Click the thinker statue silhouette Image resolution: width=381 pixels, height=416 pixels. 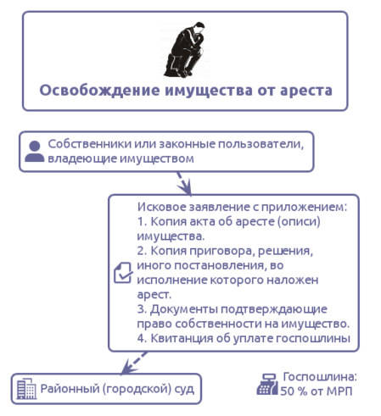coord(185,50)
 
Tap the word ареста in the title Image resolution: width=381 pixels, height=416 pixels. coord(306,91)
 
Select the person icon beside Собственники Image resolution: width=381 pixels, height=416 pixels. coord(35,152)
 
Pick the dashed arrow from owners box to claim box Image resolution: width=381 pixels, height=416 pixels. coord(184,183)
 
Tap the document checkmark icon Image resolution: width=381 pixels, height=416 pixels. coord(123,273)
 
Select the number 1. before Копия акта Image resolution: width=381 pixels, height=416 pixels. coord(142,222)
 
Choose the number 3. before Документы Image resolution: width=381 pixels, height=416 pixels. coord(142,309)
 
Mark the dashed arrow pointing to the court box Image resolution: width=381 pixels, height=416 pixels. coord(134,363)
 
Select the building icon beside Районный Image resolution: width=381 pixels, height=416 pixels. coord(26,389)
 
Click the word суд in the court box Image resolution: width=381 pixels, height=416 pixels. coord(184,389)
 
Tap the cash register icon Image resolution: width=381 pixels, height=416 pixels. coord(267,384)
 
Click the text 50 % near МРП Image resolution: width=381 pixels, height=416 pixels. coord(294,391)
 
